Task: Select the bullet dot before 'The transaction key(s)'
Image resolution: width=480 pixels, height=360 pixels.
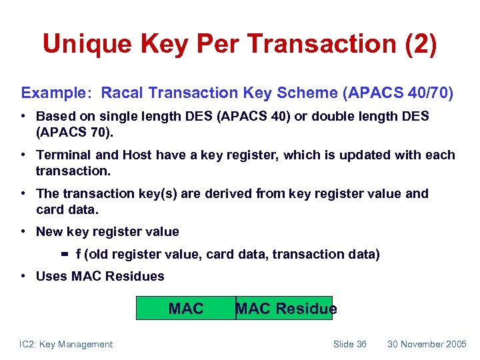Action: coord(24,194)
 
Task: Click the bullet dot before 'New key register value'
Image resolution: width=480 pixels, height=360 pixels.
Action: coord(24,232)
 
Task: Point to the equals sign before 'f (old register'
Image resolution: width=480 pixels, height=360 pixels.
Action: coord(66,254)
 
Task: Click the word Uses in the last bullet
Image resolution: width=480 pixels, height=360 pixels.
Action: coord(51,277)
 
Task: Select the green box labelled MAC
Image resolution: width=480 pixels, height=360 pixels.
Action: coord(186,309)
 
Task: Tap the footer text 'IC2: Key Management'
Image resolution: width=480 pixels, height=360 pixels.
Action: coord(66,344)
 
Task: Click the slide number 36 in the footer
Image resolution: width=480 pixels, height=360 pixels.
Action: coord(360,344)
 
